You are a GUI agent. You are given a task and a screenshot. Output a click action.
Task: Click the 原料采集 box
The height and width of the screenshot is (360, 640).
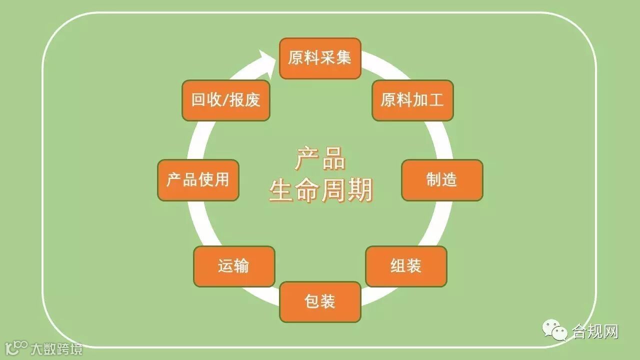click(320, 58)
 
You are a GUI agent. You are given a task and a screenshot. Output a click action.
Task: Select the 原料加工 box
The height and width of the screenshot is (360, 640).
click(412, 100)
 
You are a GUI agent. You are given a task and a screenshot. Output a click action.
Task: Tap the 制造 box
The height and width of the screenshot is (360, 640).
click(442, 180)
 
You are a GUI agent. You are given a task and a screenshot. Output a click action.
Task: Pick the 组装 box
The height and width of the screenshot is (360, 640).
click(406, 266)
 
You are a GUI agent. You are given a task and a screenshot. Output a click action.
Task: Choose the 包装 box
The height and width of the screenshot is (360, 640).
click(320, 301)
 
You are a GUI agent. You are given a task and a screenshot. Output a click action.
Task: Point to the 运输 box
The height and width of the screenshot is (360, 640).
click(234, 266)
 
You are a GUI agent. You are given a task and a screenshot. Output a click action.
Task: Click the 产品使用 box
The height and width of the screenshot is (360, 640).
click(198, 180)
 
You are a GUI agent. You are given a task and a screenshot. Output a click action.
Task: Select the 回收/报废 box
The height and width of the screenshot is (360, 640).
click(226, 100)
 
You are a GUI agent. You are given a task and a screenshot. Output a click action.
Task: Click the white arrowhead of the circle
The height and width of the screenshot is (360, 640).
click(268, 62)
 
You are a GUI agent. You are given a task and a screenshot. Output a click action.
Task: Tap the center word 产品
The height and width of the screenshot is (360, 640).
click(320, 159)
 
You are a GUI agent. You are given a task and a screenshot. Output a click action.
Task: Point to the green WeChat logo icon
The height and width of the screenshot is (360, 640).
click(555, 330)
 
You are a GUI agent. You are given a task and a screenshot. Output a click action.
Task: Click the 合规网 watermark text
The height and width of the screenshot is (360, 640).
click(595, 331)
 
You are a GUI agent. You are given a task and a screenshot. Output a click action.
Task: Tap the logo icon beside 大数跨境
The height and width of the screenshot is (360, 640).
click(16, 347)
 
